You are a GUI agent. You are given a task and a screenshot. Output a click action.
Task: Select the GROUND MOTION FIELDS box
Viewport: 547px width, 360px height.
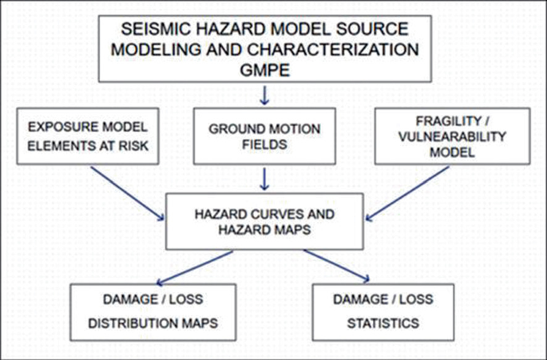(x=266, y=136)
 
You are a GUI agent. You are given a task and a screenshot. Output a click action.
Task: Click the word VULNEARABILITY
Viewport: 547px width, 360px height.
(x=452, y=136)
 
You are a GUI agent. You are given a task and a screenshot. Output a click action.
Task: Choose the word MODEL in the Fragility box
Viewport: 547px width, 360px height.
(x=452, y=155)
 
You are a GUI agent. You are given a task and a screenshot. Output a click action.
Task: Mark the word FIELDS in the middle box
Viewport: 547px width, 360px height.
(x=266, y=146)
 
